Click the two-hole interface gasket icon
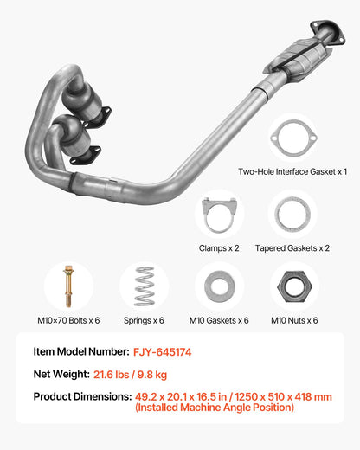click(292, 137)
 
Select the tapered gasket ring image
click(292, 214)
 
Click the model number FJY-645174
click(162, 353)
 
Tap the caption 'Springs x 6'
click(145, 320)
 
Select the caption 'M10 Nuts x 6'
click(293, 320)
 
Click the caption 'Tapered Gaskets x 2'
click(292, 247)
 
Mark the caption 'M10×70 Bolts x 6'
click(69, 320)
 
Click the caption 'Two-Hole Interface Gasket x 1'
click(292, 171)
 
